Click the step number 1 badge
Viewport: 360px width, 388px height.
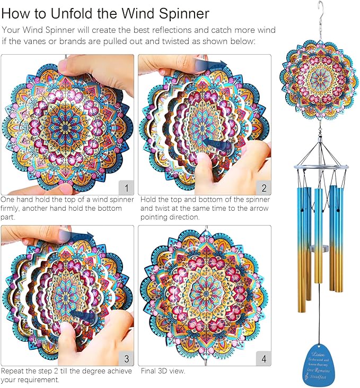pos(125,187)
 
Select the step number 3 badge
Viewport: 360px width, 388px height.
pos(125,358)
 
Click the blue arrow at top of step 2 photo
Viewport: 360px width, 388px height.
pos(214,64)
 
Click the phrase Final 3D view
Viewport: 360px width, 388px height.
pos(162,370)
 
